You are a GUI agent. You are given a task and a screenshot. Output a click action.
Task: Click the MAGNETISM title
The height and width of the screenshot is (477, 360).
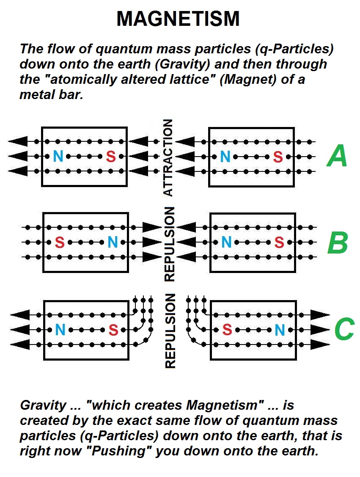[x=178, y=19]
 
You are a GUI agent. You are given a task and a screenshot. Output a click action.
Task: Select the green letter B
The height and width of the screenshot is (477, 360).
[x=338, y=243]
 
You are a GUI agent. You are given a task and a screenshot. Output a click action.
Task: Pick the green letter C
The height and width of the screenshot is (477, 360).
[x=344, y=329]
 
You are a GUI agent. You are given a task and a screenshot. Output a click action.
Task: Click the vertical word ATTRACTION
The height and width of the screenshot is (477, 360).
[x=168, y=157]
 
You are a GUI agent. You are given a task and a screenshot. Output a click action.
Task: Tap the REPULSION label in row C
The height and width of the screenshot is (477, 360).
[x=169, y=331]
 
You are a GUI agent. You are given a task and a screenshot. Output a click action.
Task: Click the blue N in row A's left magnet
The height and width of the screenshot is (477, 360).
[x=58, y=157]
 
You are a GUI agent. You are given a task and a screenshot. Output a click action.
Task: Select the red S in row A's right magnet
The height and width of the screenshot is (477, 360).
[x=278, y=157]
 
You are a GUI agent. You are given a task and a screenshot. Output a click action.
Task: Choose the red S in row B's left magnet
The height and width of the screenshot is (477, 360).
[x=60, y=243]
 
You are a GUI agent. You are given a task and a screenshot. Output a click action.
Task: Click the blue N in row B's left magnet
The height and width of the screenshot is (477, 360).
[x=112, y=243]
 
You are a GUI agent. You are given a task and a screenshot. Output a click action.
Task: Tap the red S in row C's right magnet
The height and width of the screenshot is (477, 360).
[x=227, y=330]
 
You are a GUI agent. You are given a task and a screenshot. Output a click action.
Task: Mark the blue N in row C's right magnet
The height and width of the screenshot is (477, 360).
[x=280, y=330]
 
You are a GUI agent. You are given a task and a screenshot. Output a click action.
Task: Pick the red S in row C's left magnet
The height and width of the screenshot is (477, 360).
[x=113, y=330]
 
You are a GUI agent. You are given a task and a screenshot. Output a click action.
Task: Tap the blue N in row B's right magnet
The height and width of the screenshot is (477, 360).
[x=227, y=243]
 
